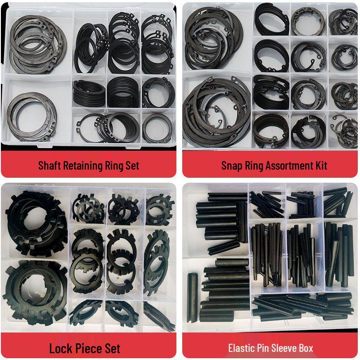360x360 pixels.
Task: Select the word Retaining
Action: coord(79,165)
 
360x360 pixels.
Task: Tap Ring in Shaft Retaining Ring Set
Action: coord(111,165)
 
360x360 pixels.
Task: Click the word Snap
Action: coord(231,165)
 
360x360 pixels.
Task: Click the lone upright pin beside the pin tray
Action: coord(192,297)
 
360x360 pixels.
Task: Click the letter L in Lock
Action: coord(52,348)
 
